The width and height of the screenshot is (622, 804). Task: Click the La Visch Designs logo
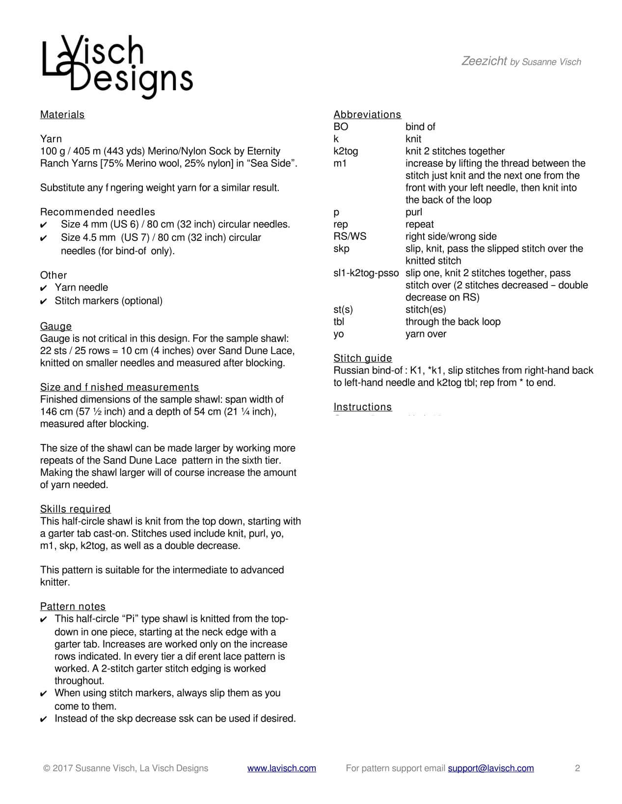pyautogui.click(x=117, y=67)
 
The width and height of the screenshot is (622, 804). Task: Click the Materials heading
pyautogui.click(x=62, y=115)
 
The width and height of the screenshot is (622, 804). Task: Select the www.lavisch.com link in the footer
pyautogui.click(x=281, y=768)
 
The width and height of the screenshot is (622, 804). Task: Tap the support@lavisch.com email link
pyautogui.click(x=490, y=768)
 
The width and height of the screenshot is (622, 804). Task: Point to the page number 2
pyautogui.click(x=577, y=768)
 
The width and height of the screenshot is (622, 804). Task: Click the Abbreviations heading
pyautogui.click(x=367, y=115)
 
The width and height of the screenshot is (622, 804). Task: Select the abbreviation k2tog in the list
pyautogui.click(x=346, y=151)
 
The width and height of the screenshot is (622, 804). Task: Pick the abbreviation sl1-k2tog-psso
pyautogui.click(x=366, y=273)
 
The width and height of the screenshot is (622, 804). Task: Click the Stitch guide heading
pyautogui.click(x=363, y=358)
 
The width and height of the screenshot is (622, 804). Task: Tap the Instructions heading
pyautogui.click(x=363, y=407)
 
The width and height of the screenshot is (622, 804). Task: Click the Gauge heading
pyautogui.click(x=56, y=327)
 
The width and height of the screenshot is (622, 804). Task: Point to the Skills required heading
pyautogui.click(x=76, y=509)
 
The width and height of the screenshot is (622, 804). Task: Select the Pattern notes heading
pyautogui.click(x=73, y=607)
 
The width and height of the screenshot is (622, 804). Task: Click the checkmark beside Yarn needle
pyautogui.click(x=44, y=288)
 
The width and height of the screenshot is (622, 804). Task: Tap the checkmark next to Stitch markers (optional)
pyautogui.click(x=44, y=301)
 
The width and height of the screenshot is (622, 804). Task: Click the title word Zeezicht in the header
pyautogui.click(x=484, y=61)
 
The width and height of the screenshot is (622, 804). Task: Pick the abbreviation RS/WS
pyautogui.click(x=350, y=236)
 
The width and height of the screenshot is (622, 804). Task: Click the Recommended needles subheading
pyautogui.click(x=98, y=212)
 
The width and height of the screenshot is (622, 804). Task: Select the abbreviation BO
pyautogui.click(x=341, y=127)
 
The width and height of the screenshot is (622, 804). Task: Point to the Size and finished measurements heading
pyautogui.click(x=120, y=388)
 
